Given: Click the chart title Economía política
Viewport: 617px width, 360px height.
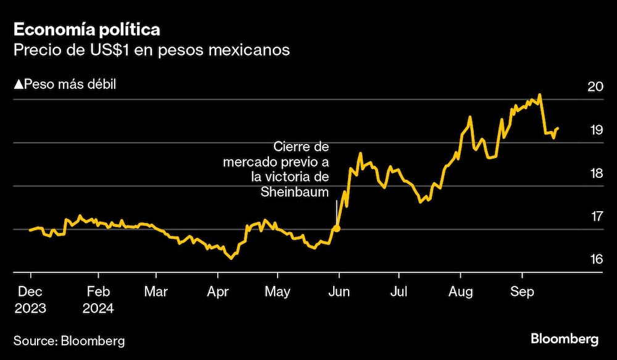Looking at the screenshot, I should click(88, 30).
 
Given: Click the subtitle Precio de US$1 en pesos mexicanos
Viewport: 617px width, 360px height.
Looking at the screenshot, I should click(152, 51).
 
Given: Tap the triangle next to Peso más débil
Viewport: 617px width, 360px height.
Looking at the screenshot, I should click(18, 84).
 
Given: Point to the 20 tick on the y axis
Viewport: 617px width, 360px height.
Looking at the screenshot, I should click(595, 86).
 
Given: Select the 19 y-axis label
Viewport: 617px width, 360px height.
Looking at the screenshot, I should click(595, 130).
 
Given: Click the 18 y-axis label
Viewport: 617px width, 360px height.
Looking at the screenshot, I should click(595, 174).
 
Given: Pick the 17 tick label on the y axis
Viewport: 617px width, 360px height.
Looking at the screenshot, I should click(595, 217).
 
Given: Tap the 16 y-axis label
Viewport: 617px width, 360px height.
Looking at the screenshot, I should click(595, 259).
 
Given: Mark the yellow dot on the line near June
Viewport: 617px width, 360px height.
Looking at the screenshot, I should click(336, 228).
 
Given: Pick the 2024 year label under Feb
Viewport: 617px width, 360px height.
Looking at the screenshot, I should click(99, 306).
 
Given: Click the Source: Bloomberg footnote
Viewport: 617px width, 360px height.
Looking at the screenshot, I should click(69, 340).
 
